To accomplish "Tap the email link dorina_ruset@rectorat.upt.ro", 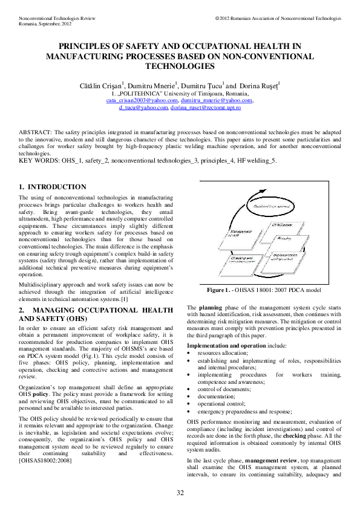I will [206, 108].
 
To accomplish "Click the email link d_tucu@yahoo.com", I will [143, 108].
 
